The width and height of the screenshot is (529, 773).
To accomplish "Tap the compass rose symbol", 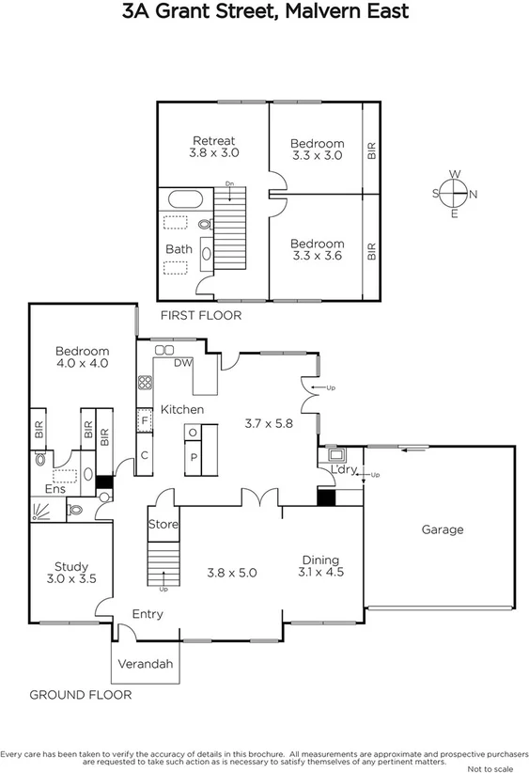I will [x=455, y=194].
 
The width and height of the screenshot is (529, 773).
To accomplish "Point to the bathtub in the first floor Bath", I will [x=184, y=199].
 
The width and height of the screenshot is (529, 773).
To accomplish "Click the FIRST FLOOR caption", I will [x=200, y=316].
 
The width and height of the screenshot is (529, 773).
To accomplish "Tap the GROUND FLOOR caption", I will [x=81, y=695].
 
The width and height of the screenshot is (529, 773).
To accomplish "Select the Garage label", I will [x=442, y=529].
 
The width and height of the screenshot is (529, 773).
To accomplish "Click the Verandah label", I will [x=145, y=664].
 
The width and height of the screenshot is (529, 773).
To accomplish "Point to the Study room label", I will [x=70, y=566].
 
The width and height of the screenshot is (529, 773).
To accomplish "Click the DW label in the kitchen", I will [x=182, y=363].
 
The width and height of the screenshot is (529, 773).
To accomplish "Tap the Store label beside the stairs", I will [x=163, y=525].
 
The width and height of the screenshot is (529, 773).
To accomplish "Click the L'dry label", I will [x=342, y=470].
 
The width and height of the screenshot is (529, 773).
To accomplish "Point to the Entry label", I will [x=147, y=614].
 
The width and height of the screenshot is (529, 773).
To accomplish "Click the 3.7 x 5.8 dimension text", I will [x=269, y=423].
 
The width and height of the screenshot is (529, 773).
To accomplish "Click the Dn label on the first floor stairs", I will [x=229, y=184].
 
